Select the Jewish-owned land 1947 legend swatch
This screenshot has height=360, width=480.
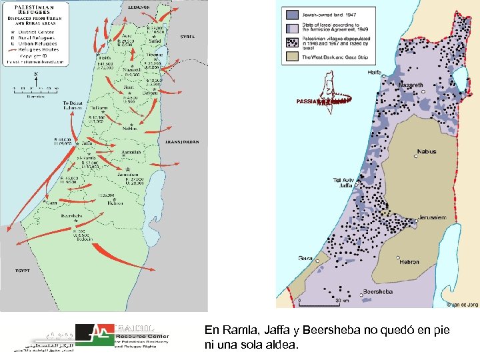293,13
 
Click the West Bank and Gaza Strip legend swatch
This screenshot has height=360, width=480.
293,57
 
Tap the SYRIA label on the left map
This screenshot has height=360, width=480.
188,37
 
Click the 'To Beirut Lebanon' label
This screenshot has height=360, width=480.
74,106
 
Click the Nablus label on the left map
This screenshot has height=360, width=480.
129,129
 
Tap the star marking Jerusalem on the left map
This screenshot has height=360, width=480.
127,171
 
